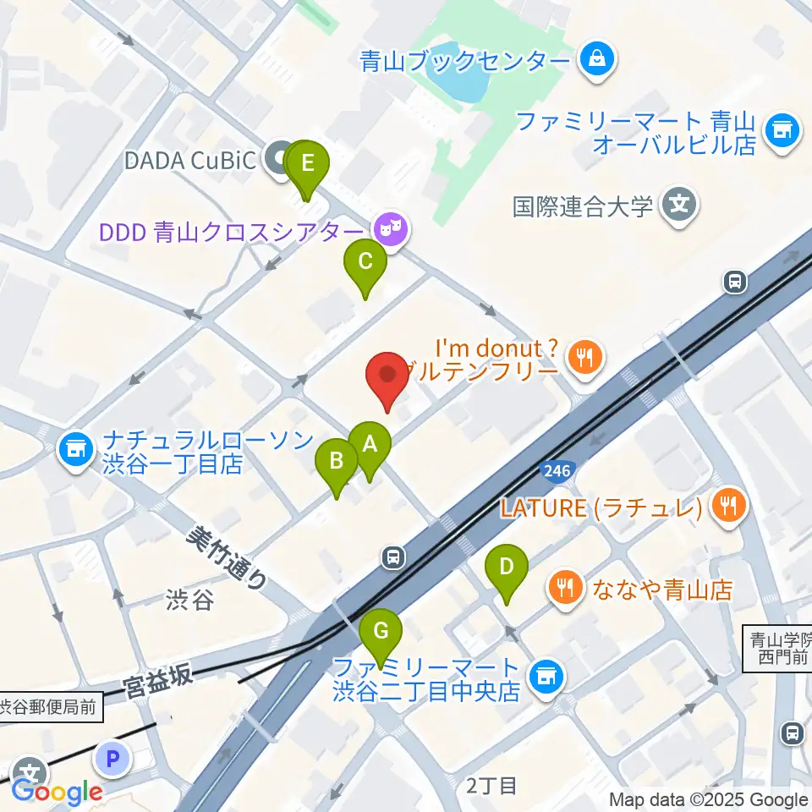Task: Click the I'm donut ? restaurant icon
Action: click(584, 355)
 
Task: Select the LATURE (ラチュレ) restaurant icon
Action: click(726, 507)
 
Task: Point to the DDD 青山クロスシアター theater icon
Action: click(389, 228)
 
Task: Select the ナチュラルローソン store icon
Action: click(76, 448)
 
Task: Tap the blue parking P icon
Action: click(112, 759)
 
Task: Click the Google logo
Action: click(58, 793)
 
